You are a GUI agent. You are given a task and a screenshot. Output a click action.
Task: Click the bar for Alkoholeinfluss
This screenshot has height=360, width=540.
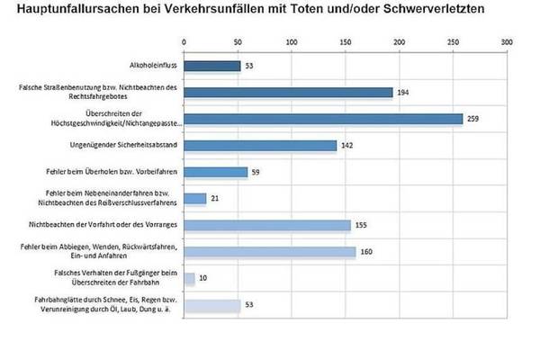212,65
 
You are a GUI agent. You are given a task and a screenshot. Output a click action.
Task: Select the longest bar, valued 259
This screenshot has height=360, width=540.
323,118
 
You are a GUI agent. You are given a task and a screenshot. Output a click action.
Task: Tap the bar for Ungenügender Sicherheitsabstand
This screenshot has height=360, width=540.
260,145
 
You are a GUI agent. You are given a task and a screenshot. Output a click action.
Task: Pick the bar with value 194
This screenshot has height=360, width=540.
288,92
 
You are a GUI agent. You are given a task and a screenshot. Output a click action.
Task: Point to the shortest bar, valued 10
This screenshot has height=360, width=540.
189,278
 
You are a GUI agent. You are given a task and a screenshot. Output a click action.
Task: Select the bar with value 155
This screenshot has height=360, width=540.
267,225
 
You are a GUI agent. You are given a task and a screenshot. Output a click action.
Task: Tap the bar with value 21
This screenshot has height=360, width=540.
195,198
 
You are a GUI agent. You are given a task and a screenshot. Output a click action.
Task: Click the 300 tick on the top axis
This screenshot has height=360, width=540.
508,41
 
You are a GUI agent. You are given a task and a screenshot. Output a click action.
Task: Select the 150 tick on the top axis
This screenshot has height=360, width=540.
346,41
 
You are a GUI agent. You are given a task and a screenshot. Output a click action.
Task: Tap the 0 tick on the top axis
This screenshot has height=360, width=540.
184,41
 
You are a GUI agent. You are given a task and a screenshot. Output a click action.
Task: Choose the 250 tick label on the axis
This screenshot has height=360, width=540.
454,41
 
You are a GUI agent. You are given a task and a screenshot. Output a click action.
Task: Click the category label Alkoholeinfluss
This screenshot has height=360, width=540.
152,66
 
